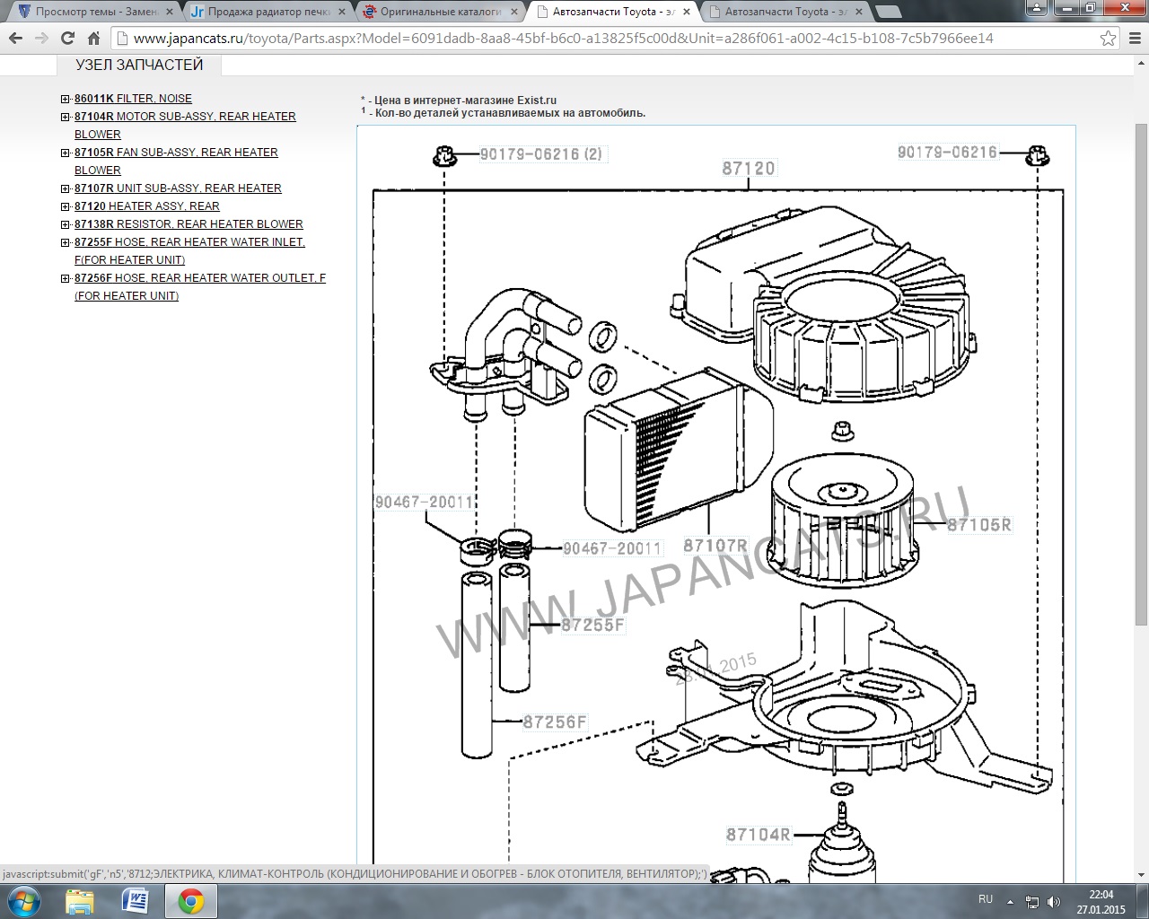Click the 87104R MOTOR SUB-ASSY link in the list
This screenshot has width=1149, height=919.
pyautogui.click(x=185, y=125)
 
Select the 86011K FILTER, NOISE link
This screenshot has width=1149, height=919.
pyautogui.click(x=133, y=98)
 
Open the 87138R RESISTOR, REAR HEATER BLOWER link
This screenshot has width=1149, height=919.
pyautogui.click(x=189, y=223)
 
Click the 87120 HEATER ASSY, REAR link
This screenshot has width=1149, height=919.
pyautogui.click(x=147, y=206)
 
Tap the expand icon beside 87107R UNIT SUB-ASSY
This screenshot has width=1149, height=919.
pyautogui.click(x=66, y=188)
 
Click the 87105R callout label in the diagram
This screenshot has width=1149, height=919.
pyautogui.click(x=979, y=525)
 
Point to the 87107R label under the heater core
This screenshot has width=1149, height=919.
pyautogui.click(x=715, y=545)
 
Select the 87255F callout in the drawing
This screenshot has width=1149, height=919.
pyautogui.click(x=592, y=625)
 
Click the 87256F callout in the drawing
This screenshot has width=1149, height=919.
pyautogui.click(x=555, y=722)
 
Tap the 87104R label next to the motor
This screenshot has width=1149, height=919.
pyautogui.click(x=759, y=835)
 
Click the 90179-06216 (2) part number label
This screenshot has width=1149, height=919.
pyautogui.click(x=541, y=154)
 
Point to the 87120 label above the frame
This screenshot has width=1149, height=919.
pyautogui.click(x=749, y=169)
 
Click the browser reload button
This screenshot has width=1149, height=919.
pyautogui.click(x=67, y=38)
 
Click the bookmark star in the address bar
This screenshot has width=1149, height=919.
pyautogui.click(x=1108, y=38)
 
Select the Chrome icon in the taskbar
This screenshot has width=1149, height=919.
pyautogui.click(x=190, y=901)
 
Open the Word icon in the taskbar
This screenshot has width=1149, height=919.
pyautogui.click(x=135, y=901)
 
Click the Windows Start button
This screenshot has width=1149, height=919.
pyautogui.click(x=24, y=902)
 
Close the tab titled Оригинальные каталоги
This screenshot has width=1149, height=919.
pyautogui.click(x=514, y=11)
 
